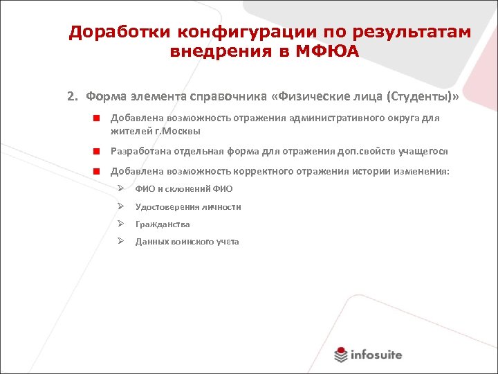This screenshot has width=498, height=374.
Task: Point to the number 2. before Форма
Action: [72, 96]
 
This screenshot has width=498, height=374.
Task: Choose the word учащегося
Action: [421, 151]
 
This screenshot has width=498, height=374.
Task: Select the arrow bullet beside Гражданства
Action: [120, 224]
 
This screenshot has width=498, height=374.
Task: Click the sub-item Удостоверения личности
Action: [188, 206]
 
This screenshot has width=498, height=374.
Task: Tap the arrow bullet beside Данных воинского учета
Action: [120, 241]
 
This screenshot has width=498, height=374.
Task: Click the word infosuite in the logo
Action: [376, 355]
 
